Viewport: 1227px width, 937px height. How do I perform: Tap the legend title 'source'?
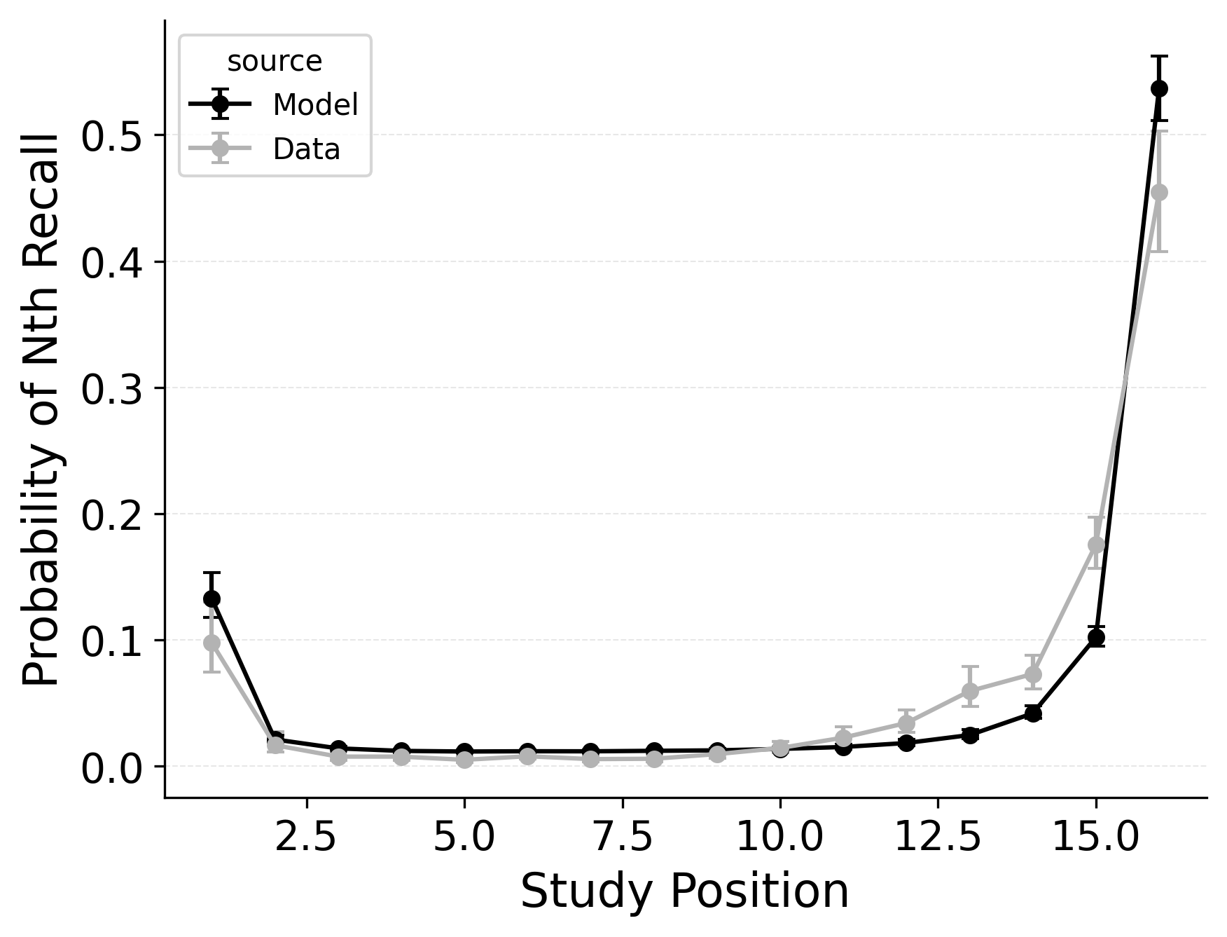click(x=275, y=62)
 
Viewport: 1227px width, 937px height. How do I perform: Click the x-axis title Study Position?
click(x=684, y=892)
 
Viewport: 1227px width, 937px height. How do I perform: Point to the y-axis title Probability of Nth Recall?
click(x=42, y=409)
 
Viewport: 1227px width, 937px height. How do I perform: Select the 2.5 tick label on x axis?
click(x=306, y=837)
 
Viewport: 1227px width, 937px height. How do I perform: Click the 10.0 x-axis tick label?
click(x=779, y=837)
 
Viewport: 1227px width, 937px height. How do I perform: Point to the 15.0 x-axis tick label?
click(x=1096, y=837)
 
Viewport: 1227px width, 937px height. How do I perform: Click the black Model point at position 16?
click(x=1159, y=88)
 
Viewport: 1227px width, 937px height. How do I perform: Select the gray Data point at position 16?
click(x=1159, y=192)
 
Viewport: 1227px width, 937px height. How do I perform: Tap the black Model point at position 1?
click(x=212, y=599)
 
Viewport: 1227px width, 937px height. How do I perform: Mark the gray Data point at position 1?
click(x=212, y=643)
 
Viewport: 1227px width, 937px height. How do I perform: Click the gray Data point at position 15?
click(x=1096, y=545)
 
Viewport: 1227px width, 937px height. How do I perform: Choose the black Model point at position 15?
click(x=1096, y=637)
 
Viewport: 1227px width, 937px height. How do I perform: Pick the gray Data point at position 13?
click(x=970, y=692)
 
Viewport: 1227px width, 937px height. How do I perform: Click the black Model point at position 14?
click(x=1033, y=713)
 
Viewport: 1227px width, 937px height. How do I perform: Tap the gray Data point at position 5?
click(x=464, y=760)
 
